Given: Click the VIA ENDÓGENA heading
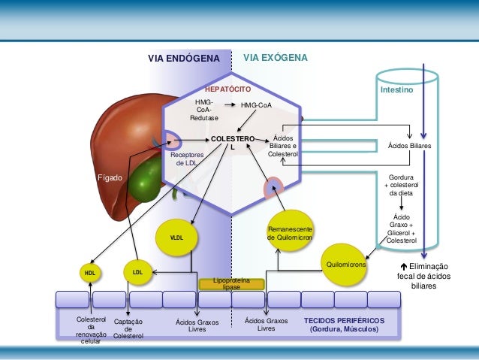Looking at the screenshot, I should (183, 58).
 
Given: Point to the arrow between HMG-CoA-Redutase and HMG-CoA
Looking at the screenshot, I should (231, 105).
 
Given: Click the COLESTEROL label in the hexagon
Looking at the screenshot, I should (232, 143).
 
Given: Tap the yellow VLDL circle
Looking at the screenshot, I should (177, 237).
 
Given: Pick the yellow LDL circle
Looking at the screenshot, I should (137, 271).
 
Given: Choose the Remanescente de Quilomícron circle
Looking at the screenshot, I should (290, 232).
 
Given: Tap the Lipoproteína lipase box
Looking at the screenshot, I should (231, 283).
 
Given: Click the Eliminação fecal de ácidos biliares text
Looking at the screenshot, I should (422, 276).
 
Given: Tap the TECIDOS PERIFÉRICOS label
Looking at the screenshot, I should (345, 324).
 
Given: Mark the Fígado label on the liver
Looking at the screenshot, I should (110, 179).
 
